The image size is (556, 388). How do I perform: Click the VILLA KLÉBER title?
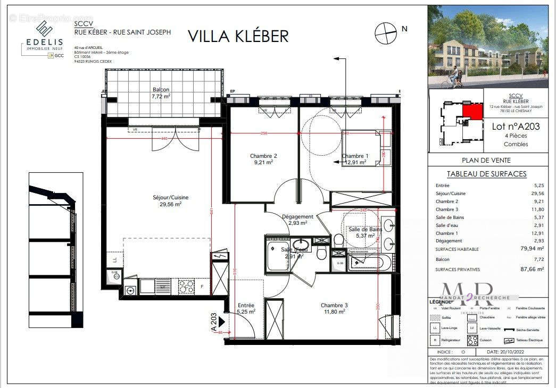(238, 36)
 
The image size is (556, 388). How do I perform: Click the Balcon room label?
(161, 93)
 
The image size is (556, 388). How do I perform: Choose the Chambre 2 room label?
(263, 159)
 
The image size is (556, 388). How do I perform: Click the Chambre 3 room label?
(334, 308)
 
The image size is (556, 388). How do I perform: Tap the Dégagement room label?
(297, 220)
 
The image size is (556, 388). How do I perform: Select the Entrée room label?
(246, 308)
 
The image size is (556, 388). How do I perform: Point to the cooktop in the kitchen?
(186, 286)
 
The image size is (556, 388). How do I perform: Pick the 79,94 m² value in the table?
(533, 248)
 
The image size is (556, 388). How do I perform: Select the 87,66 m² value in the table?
(533, 269)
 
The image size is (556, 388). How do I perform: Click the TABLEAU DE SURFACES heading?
(486, 174)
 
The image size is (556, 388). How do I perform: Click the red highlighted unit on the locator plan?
(469, 112)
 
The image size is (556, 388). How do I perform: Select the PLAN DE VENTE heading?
(486, 160)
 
